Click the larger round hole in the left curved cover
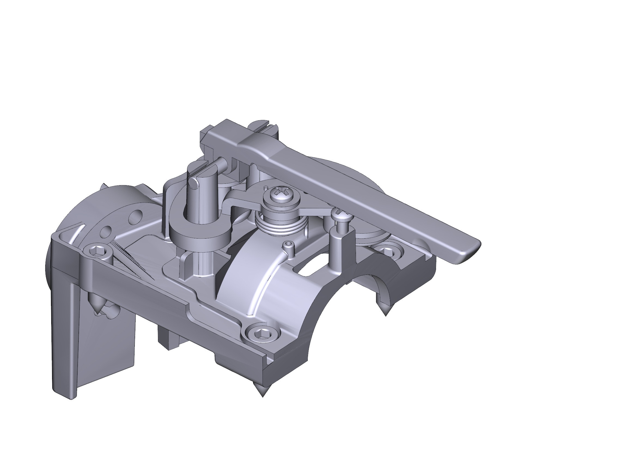click(x=107, y=231)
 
